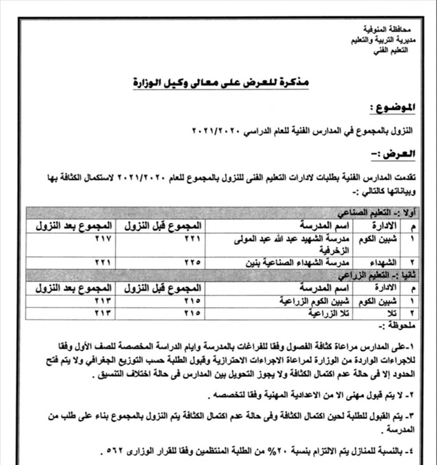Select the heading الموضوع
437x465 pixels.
click(x=393, y=107)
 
